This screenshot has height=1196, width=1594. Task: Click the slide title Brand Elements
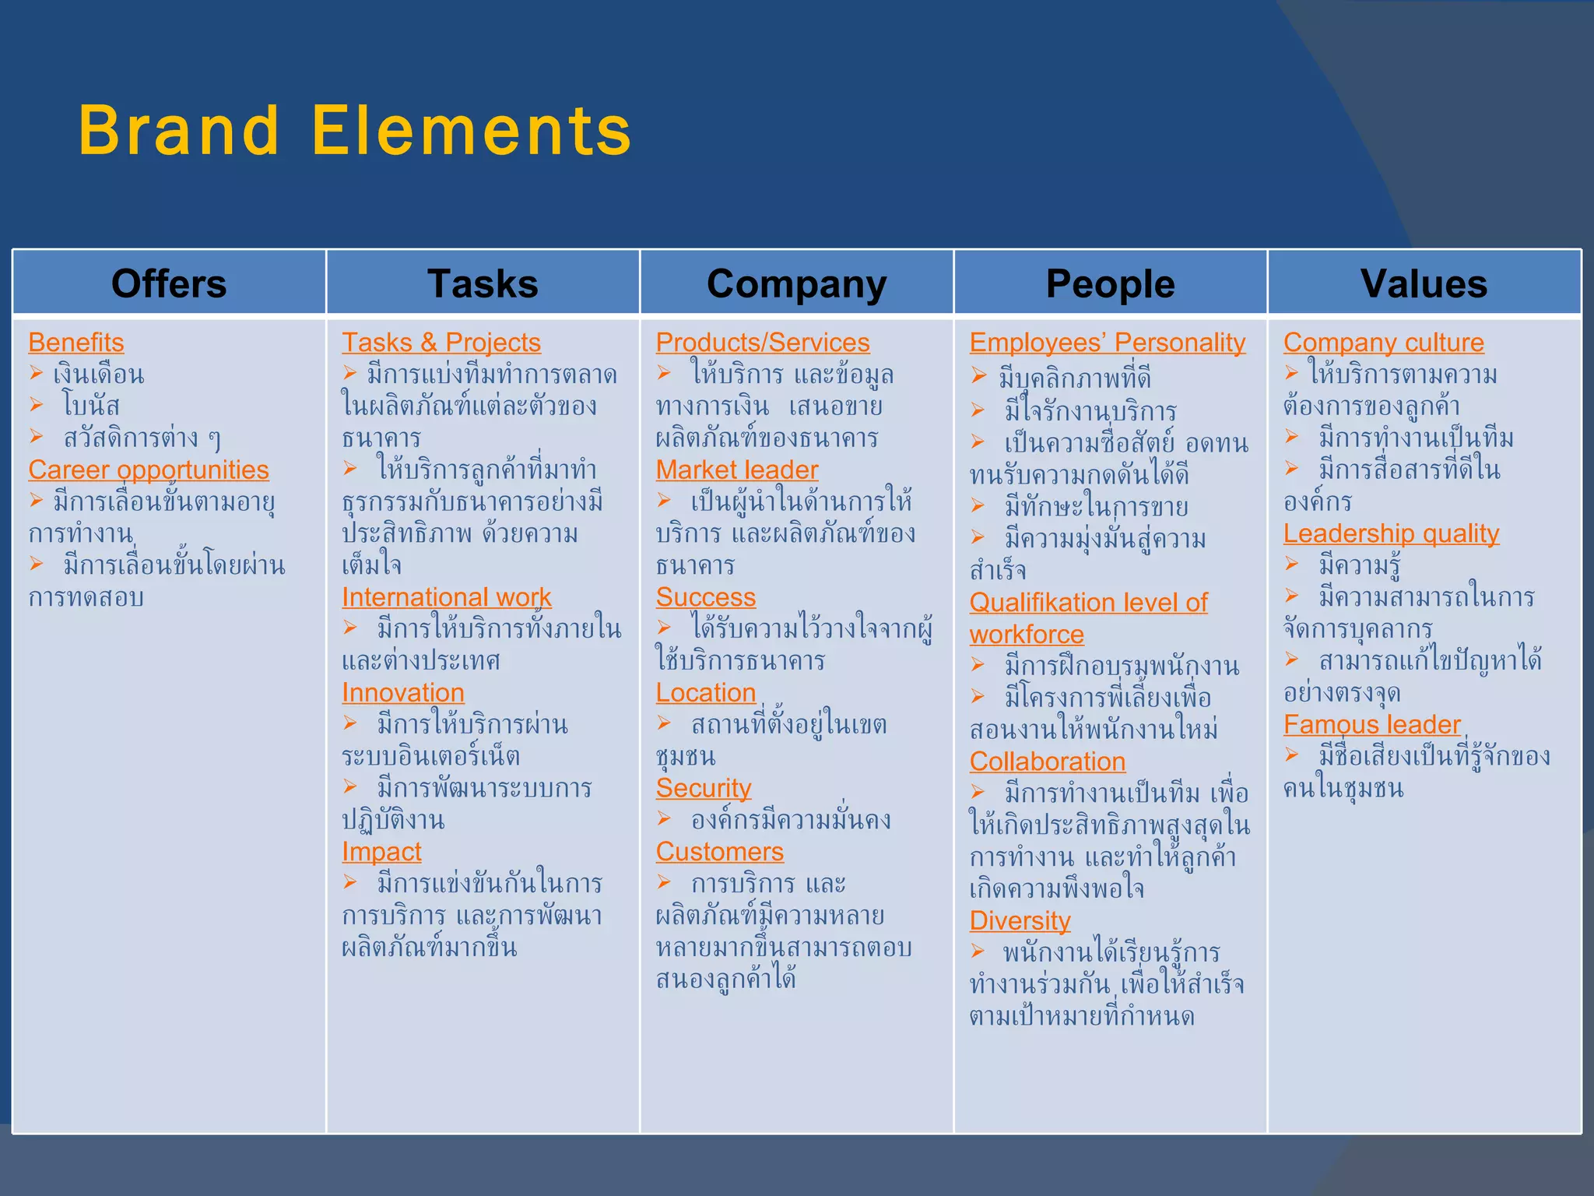pyautogui.click(x=354, y=131)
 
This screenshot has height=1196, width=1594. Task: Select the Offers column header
pyautogui.click(x=169, y=283)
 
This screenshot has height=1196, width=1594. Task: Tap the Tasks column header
pyautogui.click(x=483, y=283)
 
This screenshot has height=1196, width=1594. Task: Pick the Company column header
pyautogui.click(x=796, y=283)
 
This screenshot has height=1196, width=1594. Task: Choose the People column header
pyautogui.click(x=1110, y=283)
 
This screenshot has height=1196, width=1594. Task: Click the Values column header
pyautogui.click(x=1424, y=283)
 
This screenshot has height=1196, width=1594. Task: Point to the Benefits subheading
pyautogui.click(x=76, y=343)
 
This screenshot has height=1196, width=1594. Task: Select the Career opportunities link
pyautogui.click(x=149, y=470)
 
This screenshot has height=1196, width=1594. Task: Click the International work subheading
pyautogui.click(x=447, y=597)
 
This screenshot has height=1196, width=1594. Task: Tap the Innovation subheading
pyautogui.click(x=403, y=693)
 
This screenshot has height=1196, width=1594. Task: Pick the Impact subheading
pyautogui.click(x=381, y=852)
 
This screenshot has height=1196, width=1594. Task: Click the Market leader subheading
pyautogui.click(x=737, y=470)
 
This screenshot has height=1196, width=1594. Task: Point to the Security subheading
pyautogui.click(x=704, y=788)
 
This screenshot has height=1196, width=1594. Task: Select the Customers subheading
pyautogui.click(x=720, y=852)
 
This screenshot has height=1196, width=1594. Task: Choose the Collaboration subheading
pyautogui.click(x=1048, y=762)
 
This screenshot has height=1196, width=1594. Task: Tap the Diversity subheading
pyautogui.click(x=1020, y=921)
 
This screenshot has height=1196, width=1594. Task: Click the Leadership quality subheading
pyautogui.click(x=1391, y=533)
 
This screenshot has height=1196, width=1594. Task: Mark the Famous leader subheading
pyautogui.click(x=1372, y=725)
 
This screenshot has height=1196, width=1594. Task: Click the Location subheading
pyautogui.click(x=706, y=693)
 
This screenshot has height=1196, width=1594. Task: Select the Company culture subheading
pyautogui.click(x=1384, y=343)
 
